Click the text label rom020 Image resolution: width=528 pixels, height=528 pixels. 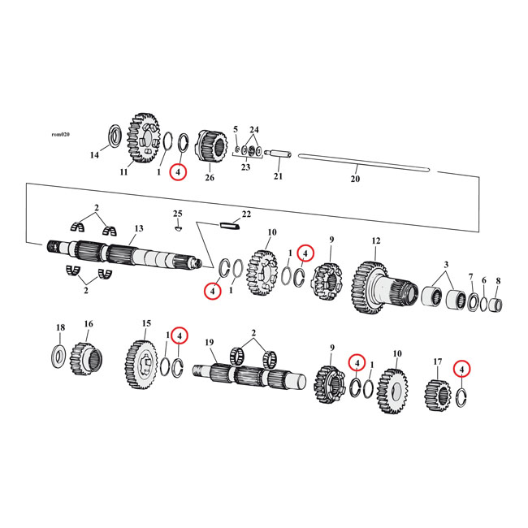pyautogui.click(x=59, y=134)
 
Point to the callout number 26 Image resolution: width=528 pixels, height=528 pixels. pyautogui.click(x=209, y=178)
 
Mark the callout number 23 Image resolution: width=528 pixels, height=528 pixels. pyautogui.click(x=246, y=167)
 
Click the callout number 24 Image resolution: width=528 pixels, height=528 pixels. pyautogui.click(x=254, y=130)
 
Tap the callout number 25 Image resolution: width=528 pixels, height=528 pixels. pyautogui.click(x=177, y=214)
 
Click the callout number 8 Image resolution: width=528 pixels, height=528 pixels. pyautogui.click(x=498, y=280)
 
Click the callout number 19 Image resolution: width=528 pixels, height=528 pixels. pyautogui.click(x=209, y=344)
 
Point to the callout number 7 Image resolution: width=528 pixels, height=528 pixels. pyautogui.click(x=470, y=277)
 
